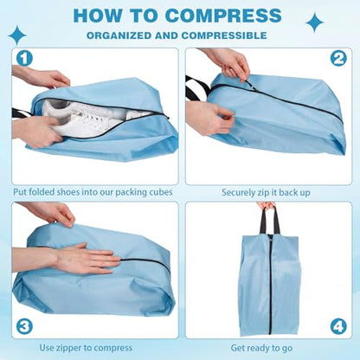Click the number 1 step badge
click(x=24, y=59)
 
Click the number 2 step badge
click(x=338, y=59)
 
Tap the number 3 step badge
click(x=24, y=326)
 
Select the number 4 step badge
click(x=338, y=326)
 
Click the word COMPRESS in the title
click(x=223, y=15)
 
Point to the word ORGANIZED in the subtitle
click(x=119, y=35)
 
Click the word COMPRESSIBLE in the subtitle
click(x=224, y=35)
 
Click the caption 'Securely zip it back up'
click(x=266, y=193)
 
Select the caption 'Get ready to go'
click(x=261, y=348)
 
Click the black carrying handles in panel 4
click(x=269, y=220)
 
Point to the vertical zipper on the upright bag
click(x=271, y=285)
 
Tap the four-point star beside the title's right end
click(x=315, y=22)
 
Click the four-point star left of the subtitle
click(x=17, y=35)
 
